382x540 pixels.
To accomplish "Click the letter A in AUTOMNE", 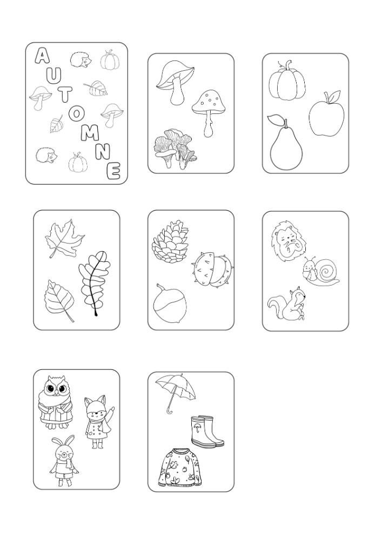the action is (42, 56).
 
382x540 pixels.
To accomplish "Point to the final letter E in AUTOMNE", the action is (113, 171).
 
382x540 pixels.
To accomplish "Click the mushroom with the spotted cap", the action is (209, 110).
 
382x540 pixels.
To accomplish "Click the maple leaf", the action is (64, 238).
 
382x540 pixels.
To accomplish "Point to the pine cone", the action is (170, 240).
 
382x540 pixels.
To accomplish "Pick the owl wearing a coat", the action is (56, 402).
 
